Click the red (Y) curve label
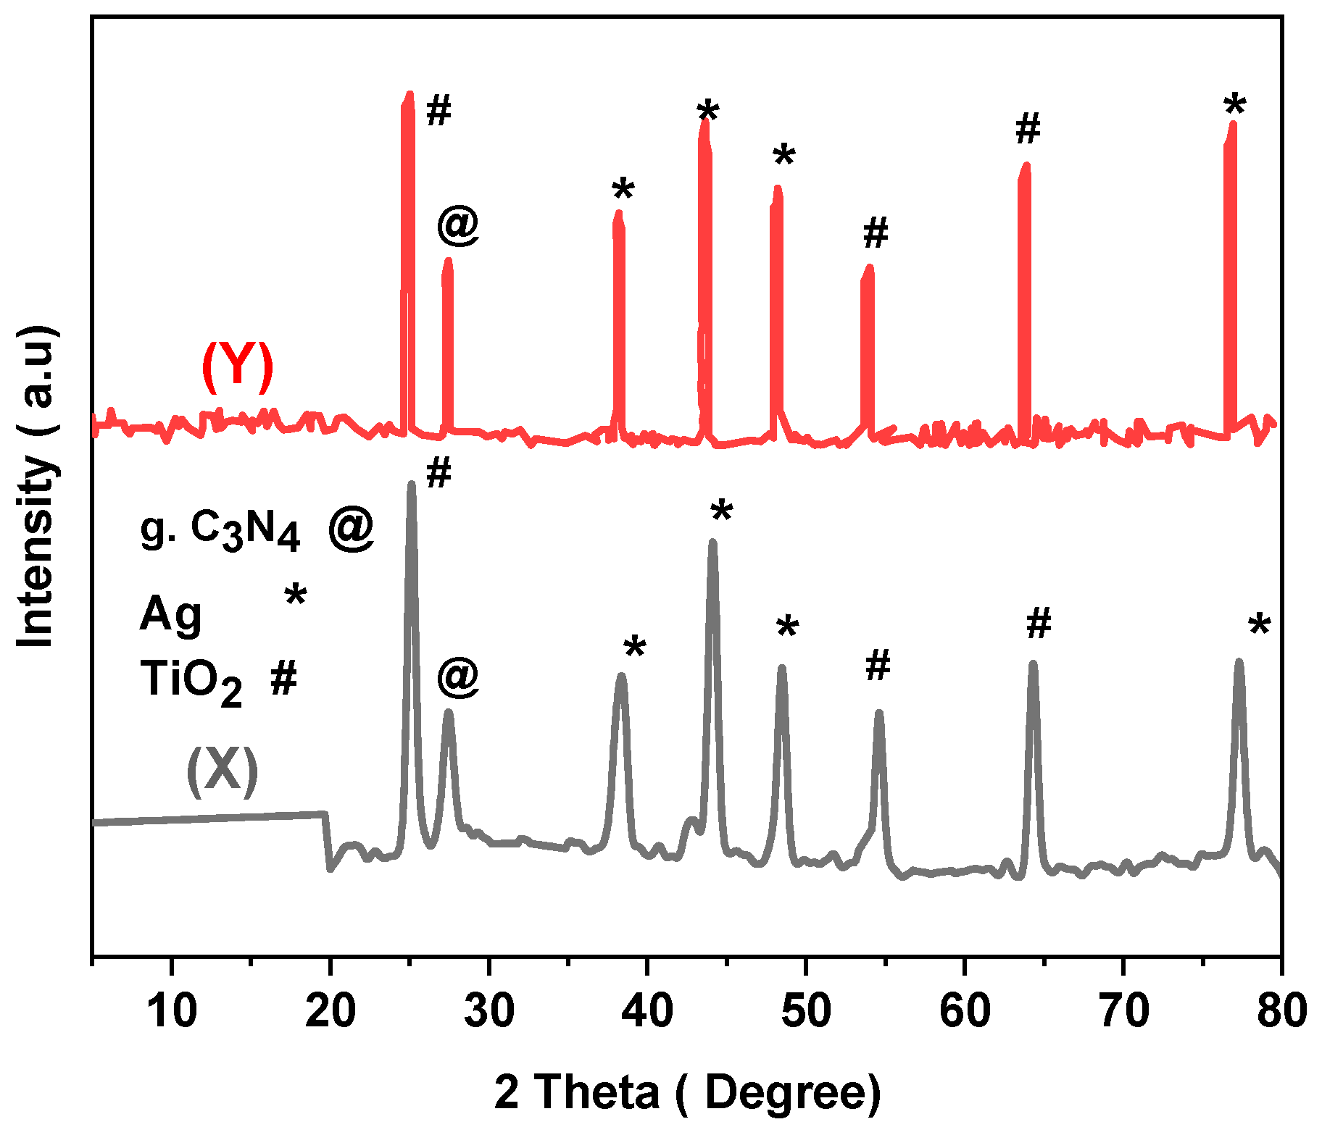237,367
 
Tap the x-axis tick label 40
647,1010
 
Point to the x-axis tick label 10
172,1010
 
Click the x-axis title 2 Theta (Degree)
687,1092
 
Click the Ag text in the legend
171,614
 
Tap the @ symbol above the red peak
458,225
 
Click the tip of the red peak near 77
1232,124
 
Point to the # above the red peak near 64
1028,130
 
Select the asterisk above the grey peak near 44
722,512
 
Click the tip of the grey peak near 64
1033,663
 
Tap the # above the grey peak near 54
878,666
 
